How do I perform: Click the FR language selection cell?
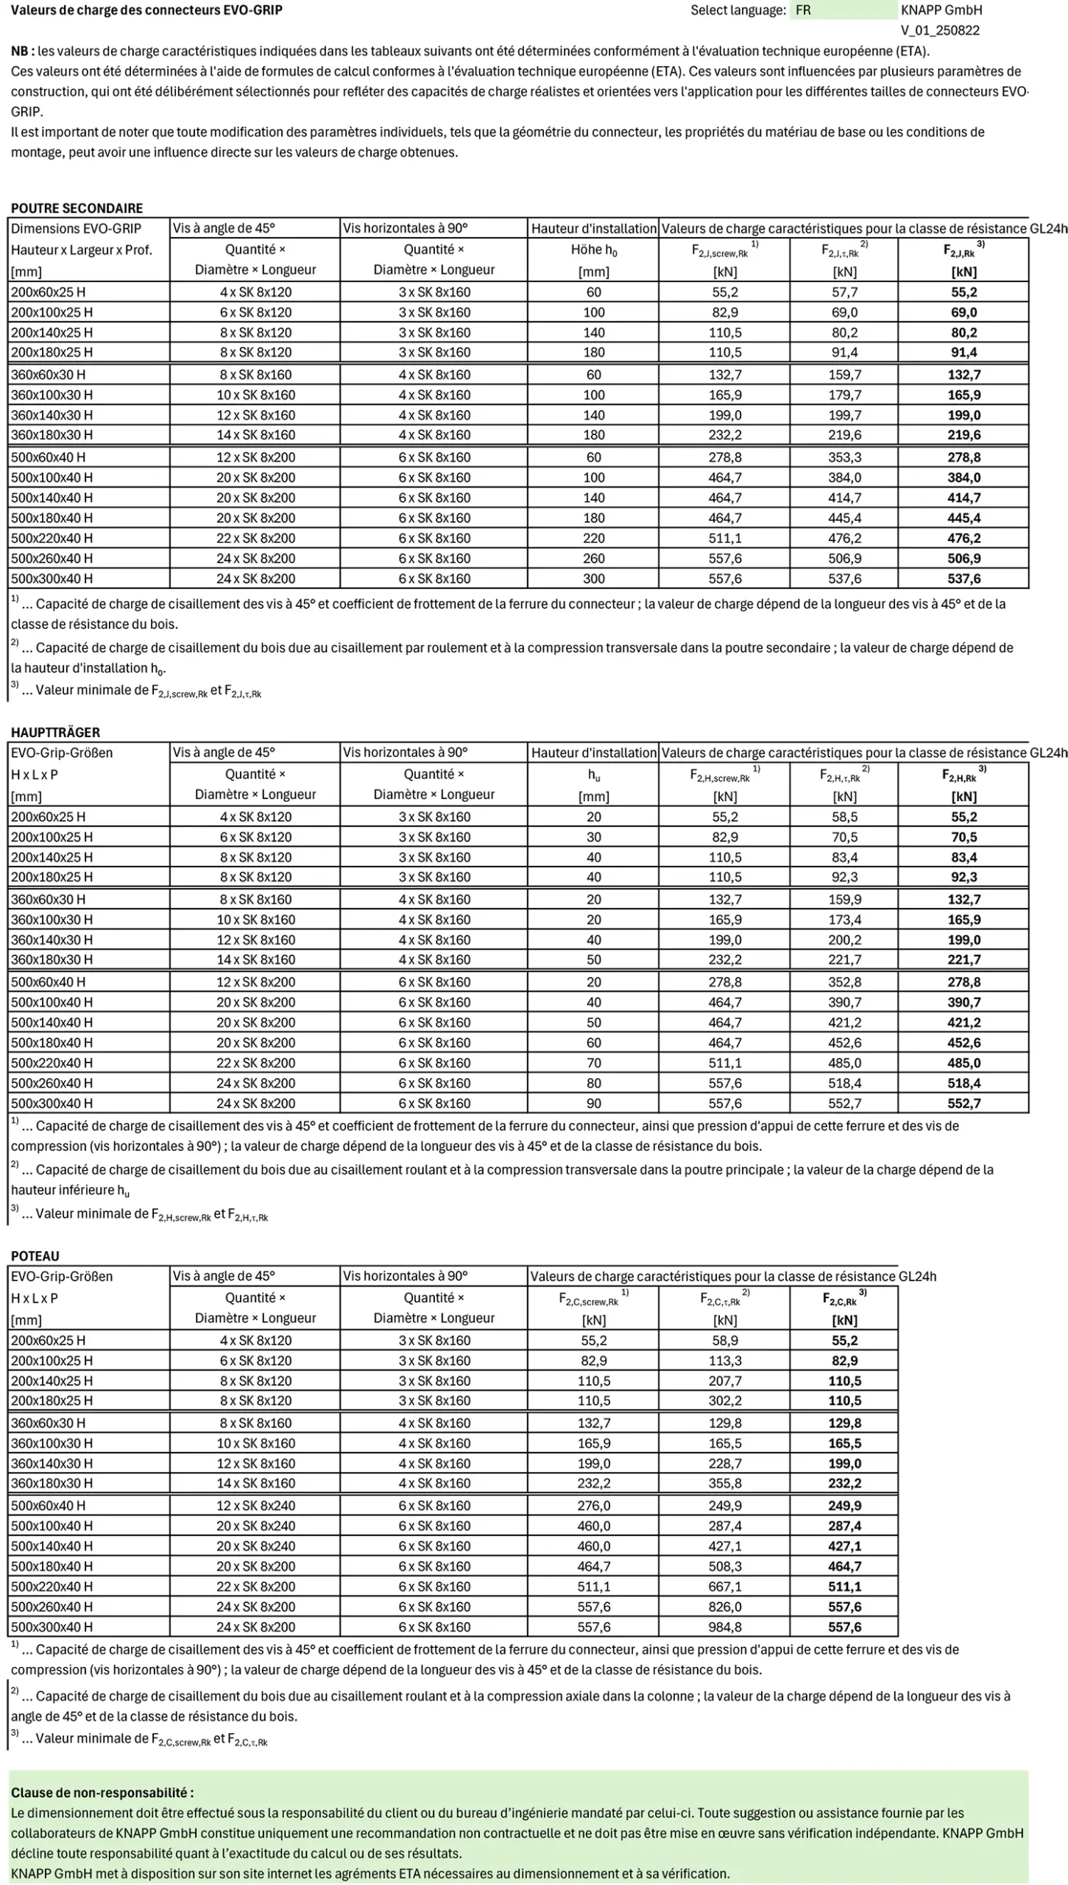click(844, 10)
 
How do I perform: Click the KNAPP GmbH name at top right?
click(941, 10)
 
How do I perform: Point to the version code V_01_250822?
click(940, 30)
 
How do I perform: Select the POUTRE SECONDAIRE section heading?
click(77, 208)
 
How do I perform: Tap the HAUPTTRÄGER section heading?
click(55, 732)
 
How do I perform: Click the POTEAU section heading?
click(35, 1255)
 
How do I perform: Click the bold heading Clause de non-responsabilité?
click(102, 1792)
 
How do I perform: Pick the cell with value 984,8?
click(725, 1627)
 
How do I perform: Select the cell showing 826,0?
click(725, 1607)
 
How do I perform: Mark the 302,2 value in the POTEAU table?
click(725, 1400)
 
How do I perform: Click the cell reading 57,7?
click(844, 292)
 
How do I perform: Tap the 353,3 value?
click(844, 457)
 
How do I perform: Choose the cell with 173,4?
click(844, 919)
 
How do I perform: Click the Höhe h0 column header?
click(593, 250)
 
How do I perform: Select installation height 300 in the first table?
click(593, 578)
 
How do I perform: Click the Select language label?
click(738, 10)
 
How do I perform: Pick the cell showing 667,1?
click(725, 1586)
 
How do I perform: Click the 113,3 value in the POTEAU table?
click(725, 1360)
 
